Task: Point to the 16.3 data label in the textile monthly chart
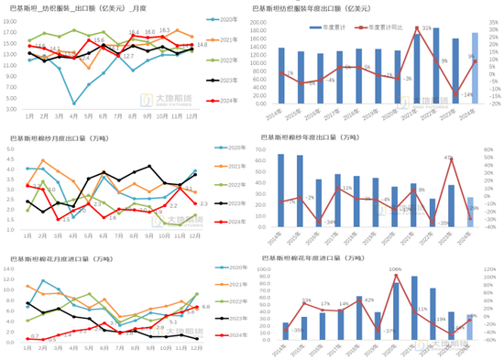point(164,30)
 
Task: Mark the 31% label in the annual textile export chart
point(427,28)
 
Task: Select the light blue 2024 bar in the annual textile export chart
point(475,72)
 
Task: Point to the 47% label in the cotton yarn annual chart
point(448,158)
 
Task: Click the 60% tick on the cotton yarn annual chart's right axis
point(492,146)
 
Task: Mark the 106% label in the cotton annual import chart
point(396,269)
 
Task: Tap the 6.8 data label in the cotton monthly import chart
point(205,307)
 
